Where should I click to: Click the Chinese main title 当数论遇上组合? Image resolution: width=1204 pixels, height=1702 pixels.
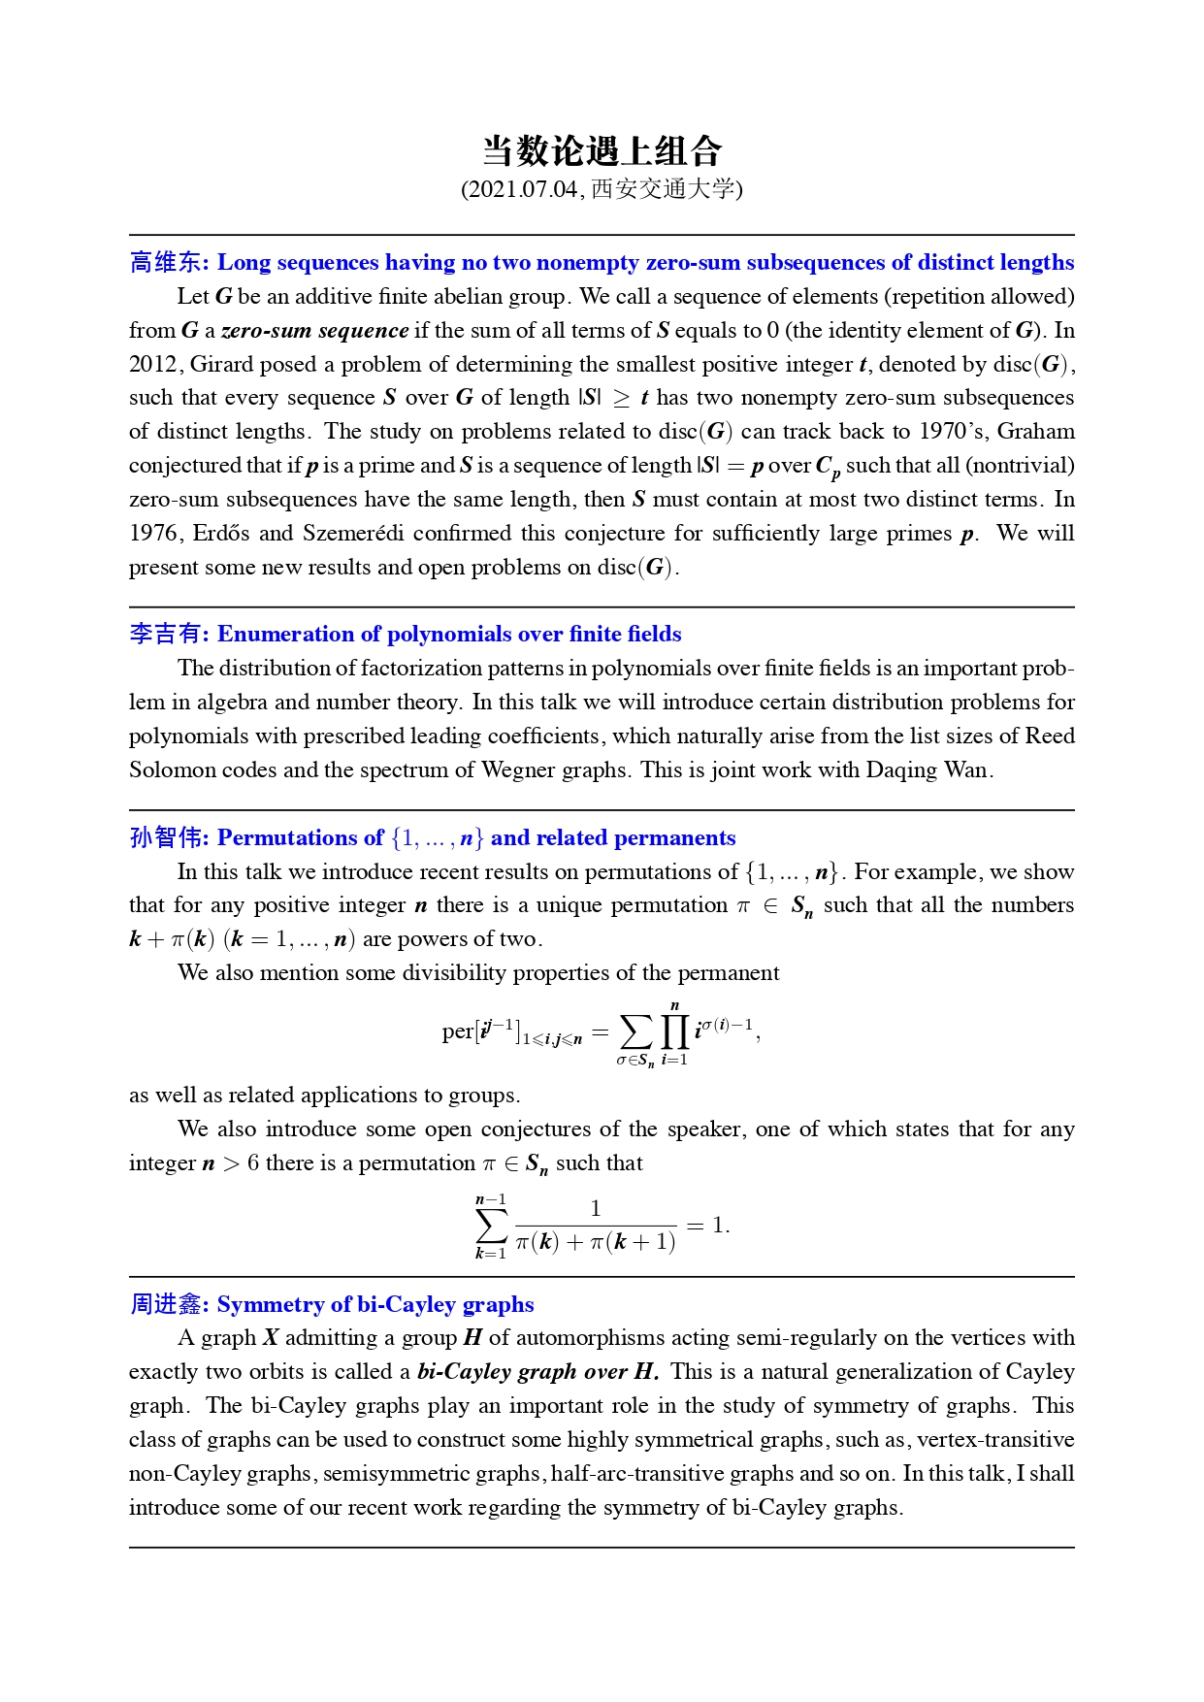click(x=602, y=150)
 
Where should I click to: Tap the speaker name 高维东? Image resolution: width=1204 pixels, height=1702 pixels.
click(x=166, y=262)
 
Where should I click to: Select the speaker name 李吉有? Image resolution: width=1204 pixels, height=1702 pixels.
click(x=166, y=634)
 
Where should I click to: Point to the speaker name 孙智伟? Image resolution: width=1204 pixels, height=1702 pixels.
click(x=166, y=837)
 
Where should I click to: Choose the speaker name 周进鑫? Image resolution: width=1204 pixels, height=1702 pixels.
click(x=166, y=1304)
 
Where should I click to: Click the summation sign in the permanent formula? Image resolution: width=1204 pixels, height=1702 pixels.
click(x=636, y=1031)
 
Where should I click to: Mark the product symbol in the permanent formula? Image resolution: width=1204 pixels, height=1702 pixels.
click(x=674, y=1031)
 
